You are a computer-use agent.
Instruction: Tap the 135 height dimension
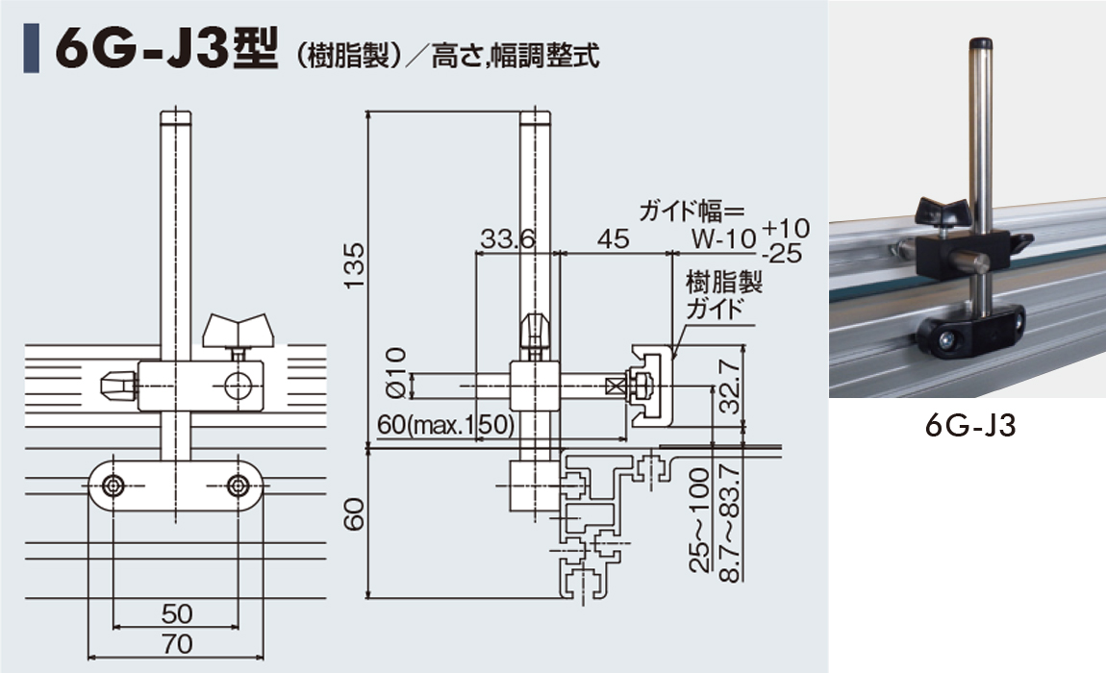[x=355, y=264]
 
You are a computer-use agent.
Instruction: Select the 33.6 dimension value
[x=507, y=239]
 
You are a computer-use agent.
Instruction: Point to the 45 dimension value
[x=613, y=239]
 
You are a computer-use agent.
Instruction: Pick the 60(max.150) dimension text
[x=446, y=425]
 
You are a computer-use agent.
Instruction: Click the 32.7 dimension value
[x=730, y=387]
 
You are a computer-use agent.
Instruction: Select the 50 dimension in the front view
[x=176, y=613]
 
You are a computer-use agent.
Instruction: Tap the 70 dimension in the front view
[x=176, y=644]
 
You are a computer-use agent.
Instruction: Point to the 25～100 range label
[x=699, y=519]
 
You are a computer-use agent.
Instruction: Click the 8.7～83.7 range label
[x=730, y=523]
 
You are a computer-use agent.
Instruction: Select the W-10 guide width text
[x=723, y=239]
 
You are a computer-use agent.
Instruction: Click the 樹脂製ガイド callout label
[x=723, y=296]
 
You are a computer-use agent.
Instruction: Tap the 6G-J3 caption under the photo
[x=970, y=426]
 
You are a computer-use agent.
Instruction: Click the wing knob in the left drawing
[x=238, y=330]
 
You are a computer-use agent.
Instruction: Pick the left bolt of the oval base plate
[x=113, y=486]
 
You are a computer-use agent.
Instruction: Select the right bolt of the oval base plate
[x=239, y=486]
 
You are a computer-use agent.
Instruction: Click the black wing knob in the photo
[x=942, y=212]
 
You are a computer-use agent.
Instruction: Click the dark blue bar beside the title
[x=31, y=49]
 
